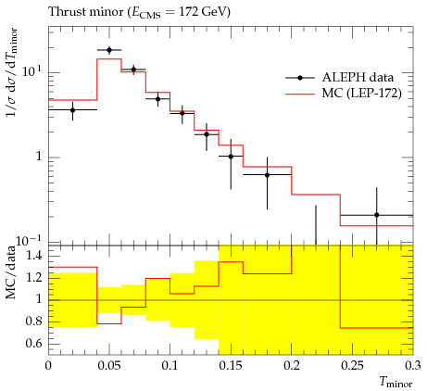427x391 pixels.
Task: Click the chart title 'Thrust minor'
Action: coord(86,12)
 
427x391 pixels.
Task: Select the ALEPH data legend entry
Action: coord(340,78)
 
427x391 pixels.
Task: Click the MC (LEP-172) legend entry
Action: coord(344,93)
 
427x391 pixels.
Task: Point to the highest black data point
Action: coord(109,50)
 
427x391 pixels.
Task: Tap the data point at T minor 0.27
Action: coord(376,215)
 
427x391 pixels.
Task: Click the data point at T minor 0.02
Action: coord(72,110)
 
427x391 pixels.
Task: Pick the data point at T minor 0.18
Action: coord(267,175)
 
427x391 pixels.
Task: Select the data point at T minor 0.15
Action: coord(231,157)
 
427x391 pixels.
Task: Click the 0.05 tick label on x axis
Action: coord(109,366)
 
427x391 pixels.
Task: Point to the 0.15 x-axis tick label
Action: coord(231,366)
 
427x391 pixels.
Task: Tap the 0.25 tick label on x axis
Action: coord(352,366)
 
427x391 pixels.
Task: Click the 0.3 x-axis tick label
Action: coord(413,366)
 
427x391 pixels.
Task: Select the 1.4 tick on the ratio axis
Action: coord(33,256)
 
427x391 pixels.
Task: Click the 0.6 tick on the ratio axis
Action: coord(33,344)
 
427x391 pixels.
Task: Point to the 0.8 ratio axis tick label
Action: coord(33,322)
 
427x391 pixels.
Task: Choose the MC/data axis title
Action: coord(10,272)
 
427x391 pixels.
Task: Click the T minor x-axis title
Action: coord(396,383)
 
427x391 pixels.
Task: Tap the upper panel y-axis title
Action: coord(11,72)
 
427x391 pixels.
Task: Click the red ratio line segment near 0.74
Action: coord(376,328)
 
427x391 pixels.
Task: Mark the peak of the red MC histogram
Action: coord(109,59)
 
